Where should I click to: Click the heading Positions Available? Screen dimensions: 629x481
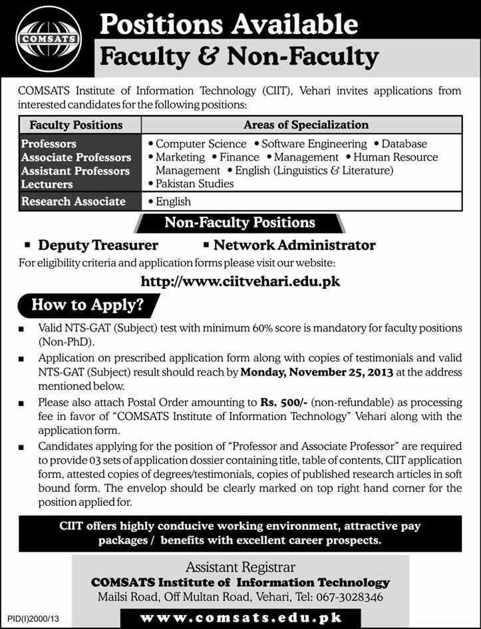[229, 25]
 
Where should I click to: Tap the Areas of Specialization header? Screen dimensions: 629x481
[306, 124]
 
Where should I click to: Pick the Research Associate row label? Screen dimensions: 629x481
[73, 201]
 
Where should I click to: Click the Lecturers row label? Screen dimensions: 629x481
[47, 184]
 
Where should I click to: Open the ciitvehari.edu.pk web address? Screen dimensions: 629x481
[241, 282]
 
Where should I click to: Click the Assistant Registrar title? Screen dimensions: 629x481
[241, 568]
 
